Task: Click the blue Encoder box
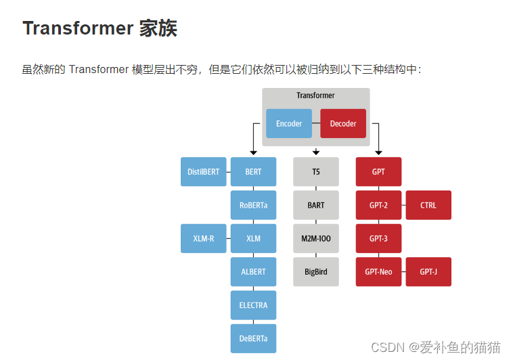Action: [289, 124]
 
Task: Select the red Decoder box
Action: [343, 124]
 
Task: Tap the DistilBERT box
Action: [204, 172]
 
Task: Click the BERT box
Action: [254, 172]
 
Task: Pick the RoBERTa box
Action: [254, 205]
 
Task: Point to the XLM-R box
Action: [204, 238]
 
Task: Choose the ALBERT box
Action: [254, 271]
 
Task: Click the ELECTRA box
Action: [254, 305]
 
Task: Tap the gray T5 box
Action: [316, 172]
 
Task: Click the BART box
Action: [316, 205]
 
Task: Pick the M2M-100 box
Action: [316, 238]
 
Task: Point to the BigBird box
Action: [316, 271]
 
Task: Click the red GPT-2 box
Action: [379, 205]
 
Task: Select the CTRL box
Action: [428, 205]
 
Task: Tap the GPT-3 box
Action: [379, 238]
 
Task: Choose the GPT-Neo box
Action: [379, 271]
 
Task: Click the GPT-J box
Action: [428, 271]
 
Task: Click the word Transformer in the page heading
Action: [77, 28]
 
